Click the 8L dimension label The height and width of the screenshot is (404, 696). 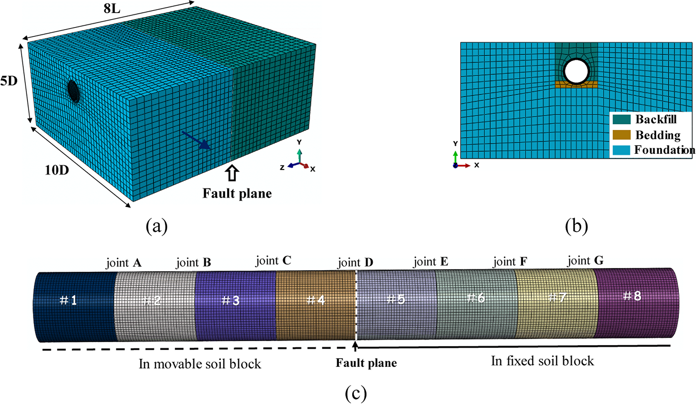click(x=112, y=8)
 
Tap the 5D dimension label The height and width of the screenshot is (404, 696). click(x=9, y=81)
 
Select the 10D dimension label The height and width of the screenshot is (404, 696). click(x=57, y=170)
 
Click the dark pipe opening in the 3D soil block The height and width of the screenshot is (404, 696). click(x=73, y=91)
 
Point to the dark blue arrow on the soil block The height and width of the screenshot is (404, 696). click(x=196, y=140)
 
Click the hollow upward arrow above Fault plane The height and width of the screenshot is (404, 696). click(x=232, y=173)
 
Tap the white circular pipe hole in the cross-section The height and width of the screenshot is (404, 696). click(x=576, y=71)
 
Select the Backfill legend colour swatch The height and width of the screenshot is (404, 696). click(x=621, y=119)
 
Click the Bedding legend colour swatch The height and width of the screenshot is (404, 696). click(x=621, y=135)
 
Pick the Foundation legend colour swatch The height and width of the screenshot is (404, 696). click(x=621, y=150)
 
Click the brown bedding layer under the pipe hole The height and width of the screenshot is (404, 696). click(x=576, y=84)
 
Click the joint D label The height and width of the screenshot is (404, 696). click(x=355, y=262)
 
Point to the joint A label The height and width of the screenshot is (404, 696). click(x=124, y=262)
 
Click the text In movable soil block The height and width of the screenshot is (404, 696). click(x=199, y=364)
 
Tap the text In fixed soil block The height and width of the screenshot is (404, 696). click(x=542, y=361)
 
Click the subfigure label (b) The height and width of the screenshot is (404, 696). click(x=576, y=226)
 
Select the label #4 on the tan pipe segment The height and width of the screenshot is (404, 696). click(x=316, y=300)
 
